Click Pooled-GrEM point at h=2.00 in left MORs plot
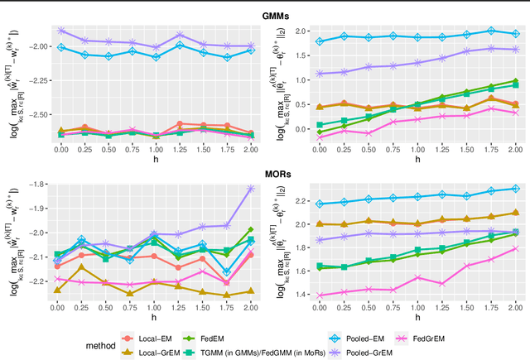click(251, 188)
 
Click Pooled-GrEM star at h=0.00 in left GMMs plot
click(60, 30)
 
